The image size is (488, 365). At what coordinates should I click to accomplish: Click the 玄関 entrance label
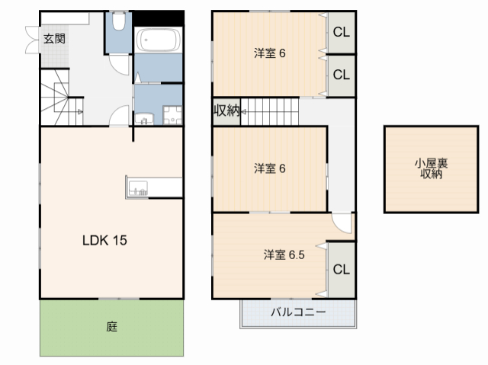pyautogui.click(x=53, y=40)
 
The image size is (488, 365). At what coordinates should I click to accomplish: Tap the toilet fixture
pyautogui.click(x=118, y=23)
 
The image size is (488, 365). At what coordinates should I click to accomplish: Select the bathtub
pyautogui.click(x=159, y=40)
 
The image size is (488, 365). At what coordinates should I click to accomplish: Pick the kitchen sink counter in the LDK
pyautogui.click(x=138, y=187)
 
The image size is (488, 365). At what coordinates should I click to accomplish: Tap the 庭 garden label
pyautogui.click(x=111, y=328)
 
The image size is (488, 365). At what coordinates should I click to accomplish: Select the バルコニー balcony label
pyautogui.click(x=298, y=312)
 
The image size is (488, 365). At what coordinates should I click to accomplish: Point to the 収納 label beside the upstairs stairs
pyautogui.click(x=226, y=110)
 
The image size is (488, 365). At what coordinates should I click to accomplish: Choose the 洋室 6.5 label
pyautogui.click(x=285, y=255)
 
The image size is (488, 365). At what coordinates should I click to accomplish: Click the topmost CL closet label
pyautogui.click(x=341, y=33)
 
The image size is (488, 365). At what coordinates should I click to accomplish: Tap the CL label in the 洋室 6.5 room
pyautogui.click(x=341, y=269)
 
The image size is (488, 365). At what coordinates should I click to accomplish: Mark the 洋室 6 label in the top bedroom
pyautogui.click(x=269, y=53)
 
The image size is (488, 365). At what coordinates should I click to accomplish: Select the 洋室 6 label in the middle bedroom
pyautogui.click(x=269, y=169)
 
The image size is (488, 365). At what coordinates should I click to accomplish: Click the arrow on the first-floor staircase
pyautogui.click(x=80, y=111)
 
